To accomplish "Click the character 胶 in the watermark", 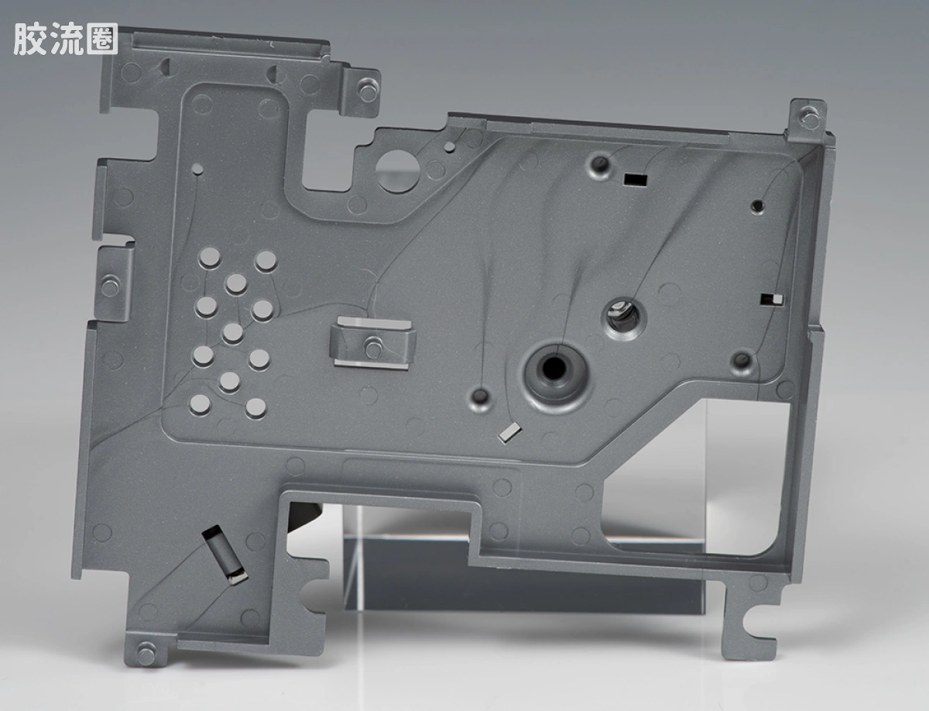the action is pyautogui.click(x=30, y=39).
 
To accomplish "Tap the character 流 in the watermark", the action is pyautogui.click(x=67, y=39).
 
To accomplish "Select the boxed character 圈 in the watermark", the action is pyautogui.click(x=102, y=39).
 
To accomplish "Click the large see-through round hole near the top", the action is pyautogui.click(x=397, y=170).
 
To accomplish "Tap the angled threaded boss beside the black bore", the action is pyautogui.click(x=625, y=318).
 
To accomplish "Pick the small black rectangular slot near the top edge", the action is pyautogui.click(x=636, y=180).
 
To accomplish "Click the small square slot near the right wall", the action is pyautogui.click(x=772, y=300).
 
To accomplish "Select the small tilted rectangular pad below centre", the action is pyautogui.click(x=509, y=433).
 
